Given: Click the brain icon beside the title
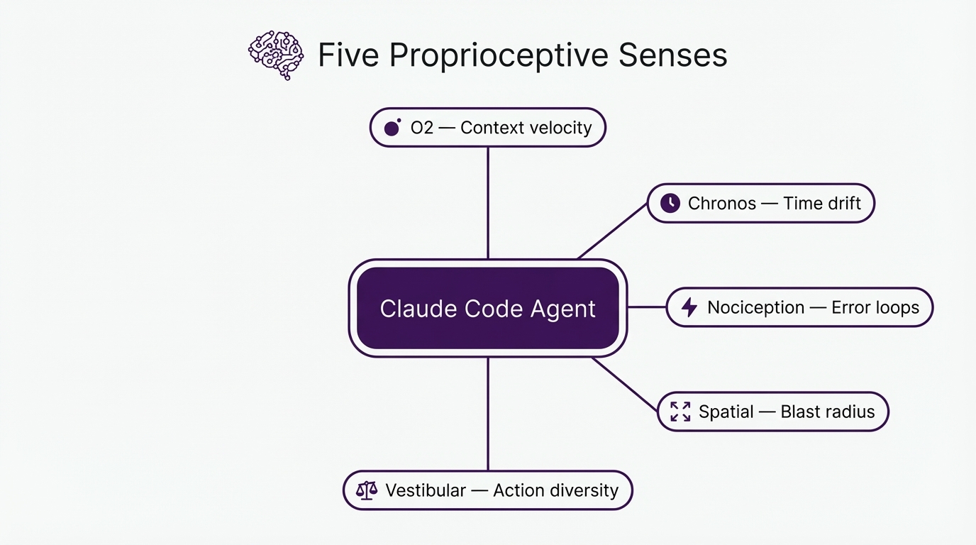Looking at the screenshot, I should (x=275, y=55).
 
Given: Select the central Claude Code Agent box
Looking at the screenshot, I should (x=488, y=308).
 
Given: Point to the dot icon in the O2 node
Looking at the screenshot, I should (x=392, y=128).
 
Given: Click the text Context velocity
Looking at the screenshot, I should (x=526, y=128).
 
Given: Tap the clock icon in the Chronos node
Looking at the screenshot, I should (x=670, y=204).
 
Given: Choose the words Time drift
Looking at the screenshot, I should (x=821, y=204).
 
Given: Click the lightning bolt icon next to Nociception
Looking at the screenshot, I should (x=689, y=307).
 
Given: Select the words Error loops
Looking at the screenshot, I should (x=875, y=307).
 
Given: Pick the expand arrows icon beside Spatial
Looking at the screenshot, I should (x=680, y=412).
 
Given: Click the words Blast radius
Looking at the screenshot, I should (x=827, y=412).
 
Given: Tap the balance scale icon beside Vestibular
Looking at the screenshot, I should (x=366, y=490).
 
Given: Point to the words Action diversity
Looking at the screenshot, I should (x=555, y=490).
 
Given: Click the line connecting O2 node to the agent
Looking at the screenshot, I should (x=488, y=202).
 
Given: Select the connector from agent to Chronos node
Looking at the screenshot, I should (x=613, y=231).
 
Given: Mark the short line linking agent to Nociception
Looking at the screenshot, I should (x=647, y=307).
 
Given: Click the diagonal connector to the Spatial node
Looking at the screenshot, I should (x=626, y=385).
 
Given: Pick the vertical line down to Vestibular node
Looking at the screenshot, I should (x=488, y=414).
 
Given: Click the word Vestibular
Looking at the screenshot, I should (x=426, y=490).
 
